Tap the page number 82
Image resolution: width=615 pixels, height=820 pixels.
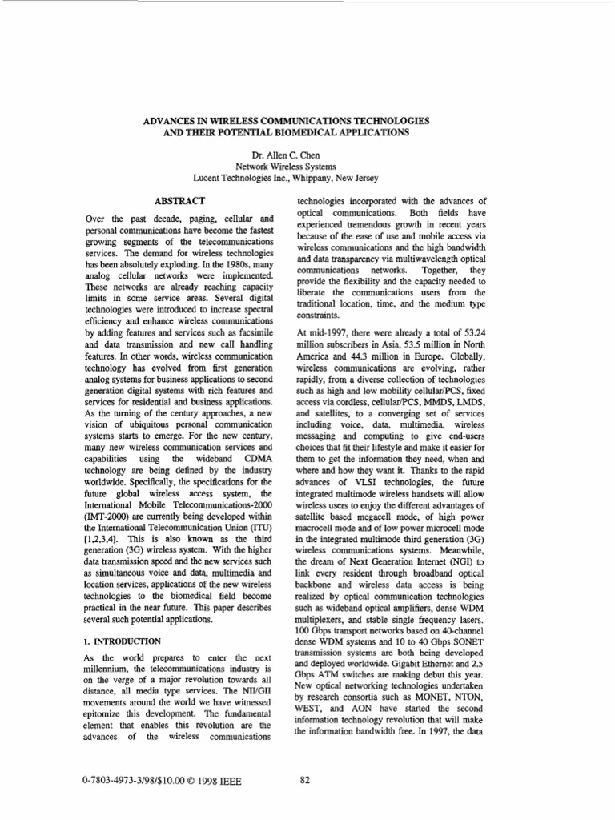click(304, 782)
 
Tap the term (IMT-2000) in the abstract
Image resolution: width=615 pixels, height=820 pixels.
click(108, 496)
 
